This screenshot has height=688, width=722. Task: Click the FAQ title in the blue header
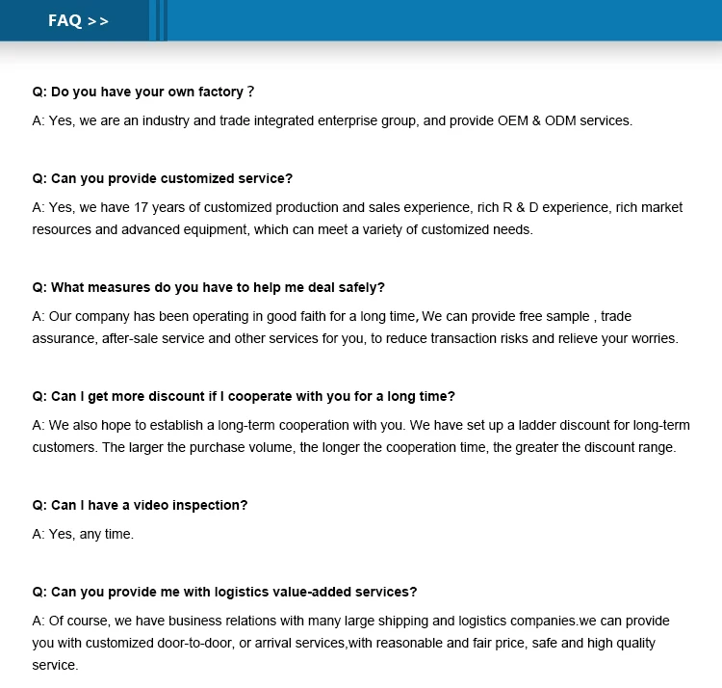click(64, 20)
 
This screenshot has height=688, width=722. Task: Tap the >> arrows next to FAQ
click(98, 21)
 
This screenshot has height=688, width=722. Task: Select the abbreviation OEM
click(515, 121)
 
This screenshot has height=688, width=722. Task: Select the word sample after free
click(568, 316)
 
